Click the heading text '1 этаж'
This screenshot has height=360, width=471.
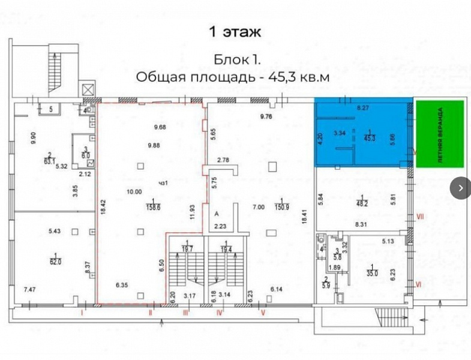pos(234,31)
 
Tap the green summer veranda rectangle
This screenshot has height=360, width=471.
pos(440,133)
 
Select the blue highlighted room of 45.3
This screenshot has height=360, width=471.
pos(364,133)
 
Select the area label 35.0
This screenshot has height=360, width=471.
pos(373,271)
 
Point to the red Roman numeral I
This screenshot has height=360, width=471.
pos(82,313)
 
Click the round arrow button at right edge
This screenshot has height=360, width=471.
pos(460,187)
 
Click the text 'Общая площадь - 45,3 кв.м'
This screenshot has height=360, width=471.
pos(233,77)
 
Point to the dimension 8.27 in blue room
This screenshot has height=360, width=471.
pos(363,109)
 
